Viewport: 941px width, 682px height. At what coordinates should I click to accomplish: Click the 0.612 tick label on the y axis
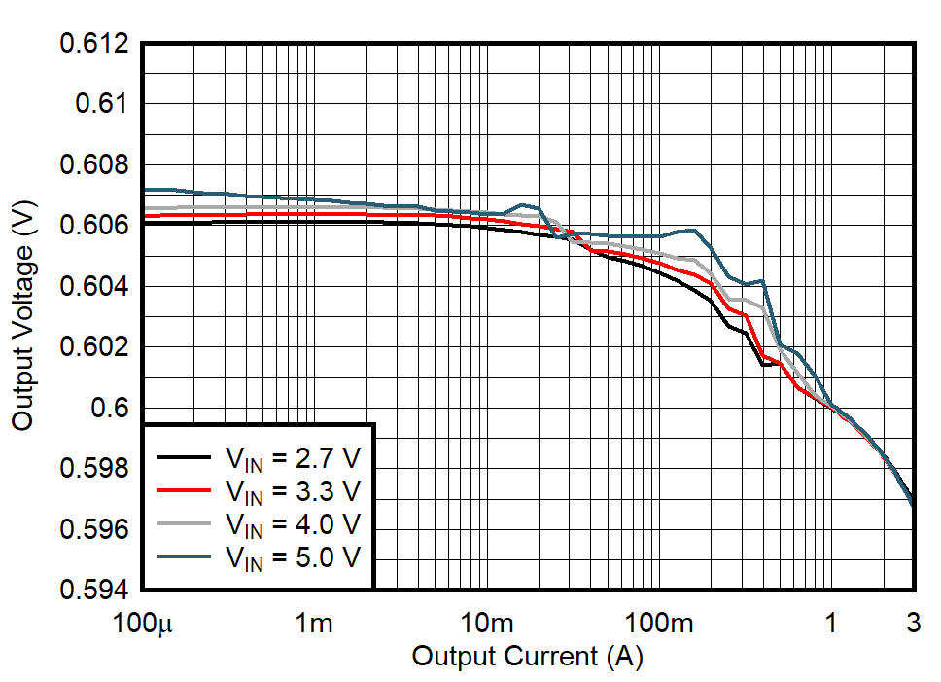pyautogui.click(x=95, y=44)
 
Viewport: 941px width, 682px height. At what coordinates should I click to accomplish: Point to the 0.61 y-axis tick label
pyautogui.click(x=103, y=104)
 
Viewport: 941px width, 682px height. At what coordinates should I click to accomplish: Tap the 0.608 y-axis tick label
pyautogui.click(x=95, y=165)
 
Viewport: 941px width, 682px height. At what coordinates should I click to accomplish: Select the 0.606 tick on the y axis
pyautogui.click(x=95, y=226)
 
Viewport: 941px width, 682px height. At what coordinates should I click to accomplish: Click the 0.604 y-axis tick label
pyautogui.click(x=95, y=286)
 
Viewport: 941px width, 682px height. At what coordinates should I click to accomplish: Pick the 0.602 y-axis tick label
pyautogui.click(x=95, y=347)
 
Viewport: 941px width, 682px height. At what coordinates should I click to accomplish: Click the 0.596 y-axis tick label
pyautogui.click(x=95, y=529)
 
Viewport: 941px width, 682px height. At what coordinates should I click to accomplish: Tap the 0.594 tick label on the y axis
pyautogui.click(x=95, y=590)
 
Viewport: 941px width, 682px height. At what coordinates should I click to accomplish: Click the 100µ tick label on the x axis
pyautogui.click(x=143, y=623)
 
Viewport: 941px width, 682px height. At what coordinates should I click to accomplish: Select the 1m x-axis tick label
pyautogui.click(x=315, y=623)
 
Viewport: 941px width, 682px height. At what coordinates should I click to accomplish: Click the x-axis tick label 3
pyautogui.click(x=914, y=623)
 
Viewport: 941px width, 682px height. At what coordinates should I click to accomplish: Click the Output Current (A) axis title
pyautogui.click(x=527, y=657)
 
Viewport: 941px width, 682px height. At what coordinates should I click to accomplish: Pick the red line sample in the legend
pyautogui.click(x=183, y=490)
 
